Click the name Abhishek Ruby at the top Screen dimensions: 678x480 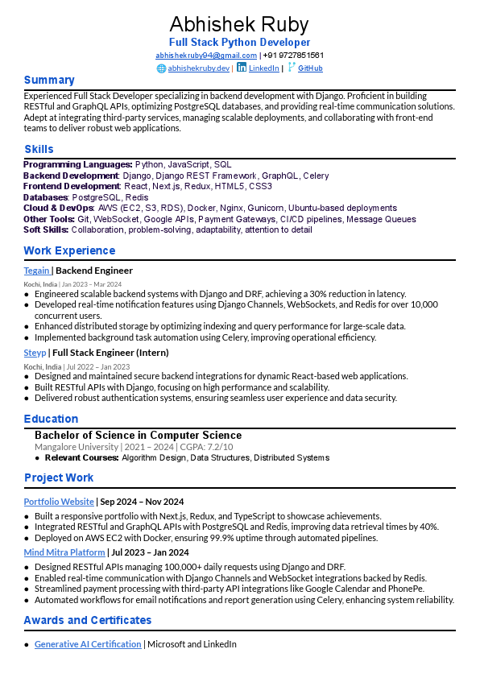click(x=239, y=24)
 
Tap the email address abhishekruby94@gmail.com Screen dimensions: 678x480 click(x=205, y=55)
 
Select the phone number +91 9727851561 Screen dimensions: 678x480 click(x=293, y=55)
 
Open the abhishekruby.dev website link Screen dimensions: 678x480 click(x=198, y=68)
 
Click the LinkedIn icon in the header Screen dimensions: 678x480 click(x=242, y=68)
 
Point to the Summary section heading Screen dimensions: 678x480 click(x=49, y=80)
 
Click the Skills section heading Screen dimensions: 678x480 click(x=39, y=149)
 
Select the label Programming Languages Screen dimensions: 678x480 click(x=77, y=164)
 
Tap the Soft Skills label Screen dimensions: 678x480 click(x=45, y=229)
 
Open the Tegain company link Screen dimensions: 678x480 click(x=36, y=271)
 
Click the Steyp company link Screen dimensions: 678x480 click(x=35, y=352)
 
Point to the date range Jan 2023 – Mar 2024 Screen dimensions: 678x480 click(x=92, y=284)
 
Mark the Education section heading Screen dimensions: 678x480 click(x=51, y=419)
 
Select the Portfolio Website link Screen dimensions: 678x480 click(x=59, y=502)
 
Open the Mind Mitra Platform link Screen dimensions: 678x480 click(x=64, y=552)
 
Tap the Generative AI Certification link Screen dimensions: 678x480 click(x=88, y=644)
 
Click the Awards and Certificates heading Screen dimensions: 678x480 click(x=87, y=620)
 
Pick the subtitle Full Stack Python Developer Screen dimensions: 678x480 click(x=239, y=42)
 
